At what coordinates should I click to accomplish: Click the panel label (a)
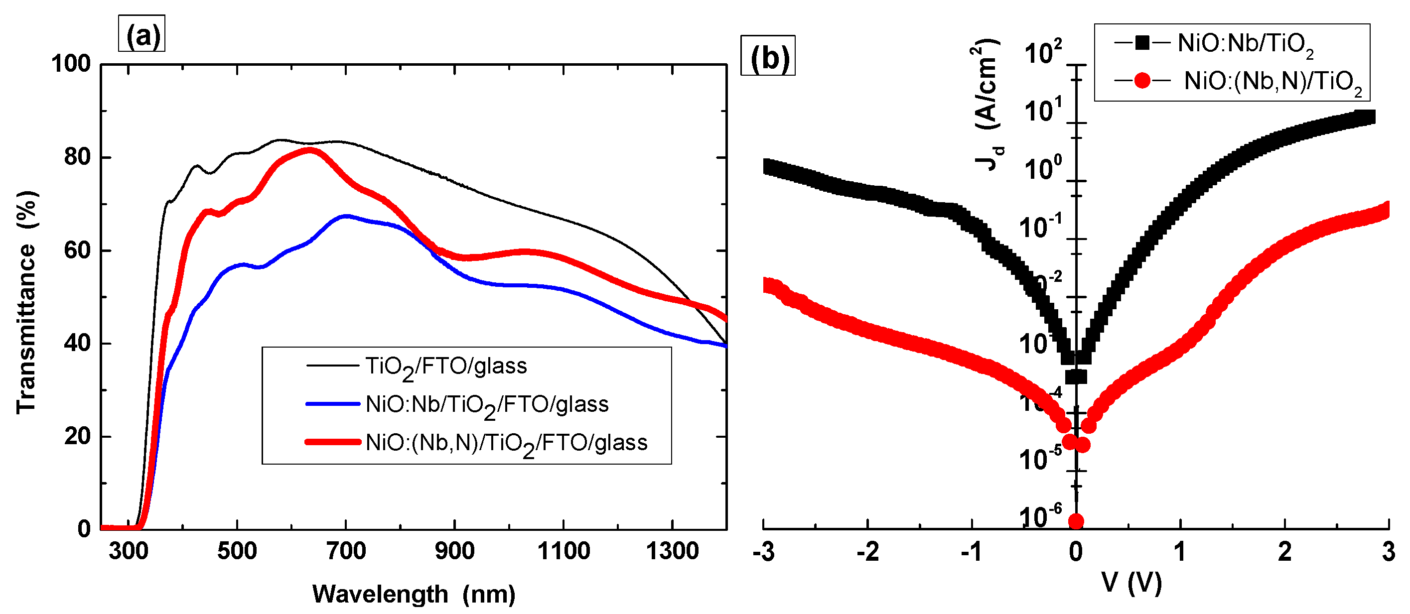click(142, 35)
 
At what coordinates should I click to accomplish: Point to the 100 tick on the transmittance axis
click(71, 64)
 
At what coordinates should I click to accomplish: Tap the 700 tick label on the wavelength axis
click(346, 551)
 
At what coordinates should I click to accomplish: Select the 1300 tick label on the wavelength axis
click(672, 551)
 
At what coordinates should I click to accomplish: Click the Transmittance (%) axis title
click(26, 302)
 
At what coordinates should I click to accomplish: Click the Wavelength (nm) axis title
click(414, 594)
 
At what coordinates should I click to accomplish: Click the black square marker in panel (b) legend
click(1142, 43)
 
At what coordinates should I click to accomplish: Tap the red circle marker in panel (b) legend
click(1142, 81)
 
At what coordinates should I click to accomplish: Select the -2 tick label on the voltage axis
click(867, 552)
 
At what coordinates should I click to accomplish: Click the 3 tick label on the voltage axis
click(1389, 552)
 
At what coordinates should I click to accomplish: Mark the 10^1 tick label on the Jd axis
click(1043, 111)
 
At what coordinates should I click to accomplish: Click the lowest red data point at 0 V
click(1076, 521)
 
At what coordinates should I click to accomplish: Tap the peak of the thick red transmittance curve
click(310, 149)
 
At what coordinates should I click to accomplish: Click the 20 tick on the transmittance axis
click(77, 437)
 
